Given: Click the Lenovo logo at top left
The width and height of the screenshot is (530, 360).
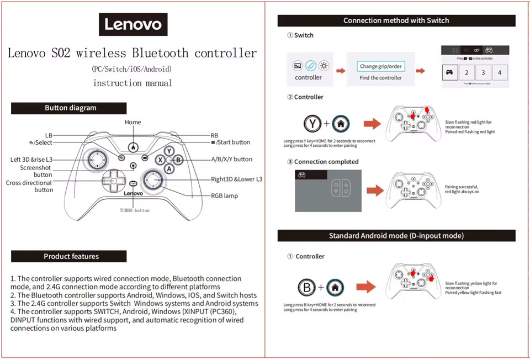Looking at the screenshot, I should [x=133, y=24].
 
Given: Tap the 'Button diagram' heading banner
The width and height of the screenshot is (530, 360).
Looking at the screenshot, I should [x=69, y=108].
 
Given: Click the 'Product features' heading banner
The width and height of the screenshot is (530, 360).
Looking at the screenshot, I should [x=69, y=256].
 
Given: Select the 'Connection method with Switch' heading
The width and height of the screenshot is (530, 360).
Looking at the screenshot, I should [x=396, y=20].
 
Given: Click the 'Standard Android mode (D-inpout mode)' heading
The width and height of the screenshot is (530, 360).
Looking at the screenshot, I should [x=396, y=236].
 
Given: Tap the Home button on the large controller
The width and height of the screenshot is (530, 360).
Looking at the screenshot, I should [x=132, y=147].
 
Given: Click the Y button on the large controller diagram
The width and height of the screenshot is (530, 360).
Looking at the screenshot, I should [x=169, y=151].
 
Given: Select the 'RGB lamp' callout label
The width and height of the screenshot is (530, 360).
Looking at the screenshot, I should [x=224, y=195].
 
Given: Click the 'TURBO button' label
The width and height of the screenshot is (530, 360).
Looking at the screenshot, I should [x=134, y=210].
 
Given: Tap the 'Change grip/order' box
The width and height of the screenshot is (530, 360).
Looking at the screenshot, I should [x=381, y=66].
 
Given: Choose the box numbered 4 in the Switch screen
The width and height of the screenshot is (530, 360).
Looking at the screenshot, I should [x=500, y=72].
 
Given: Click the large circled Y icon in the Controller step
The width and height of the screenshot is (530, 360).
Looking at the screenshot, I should [x=313, y=124].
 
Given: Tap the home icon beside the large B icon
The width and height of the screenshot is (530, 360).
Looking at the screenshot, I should [x=335, y=287].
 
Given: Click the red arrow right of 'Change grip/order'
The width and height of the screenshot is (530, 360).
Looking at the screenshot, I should [x=421, y=71].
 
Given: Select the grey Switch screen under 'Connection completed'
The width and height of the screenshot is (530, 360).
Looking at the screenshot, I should [x=328, y=191].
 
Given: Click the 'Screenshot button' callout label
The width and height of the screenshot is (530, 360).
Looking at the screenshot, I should [x=36, y=171].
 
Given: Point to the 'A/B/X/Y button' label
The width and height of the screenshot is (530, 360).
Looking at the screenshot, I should [x=231, y=159].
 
